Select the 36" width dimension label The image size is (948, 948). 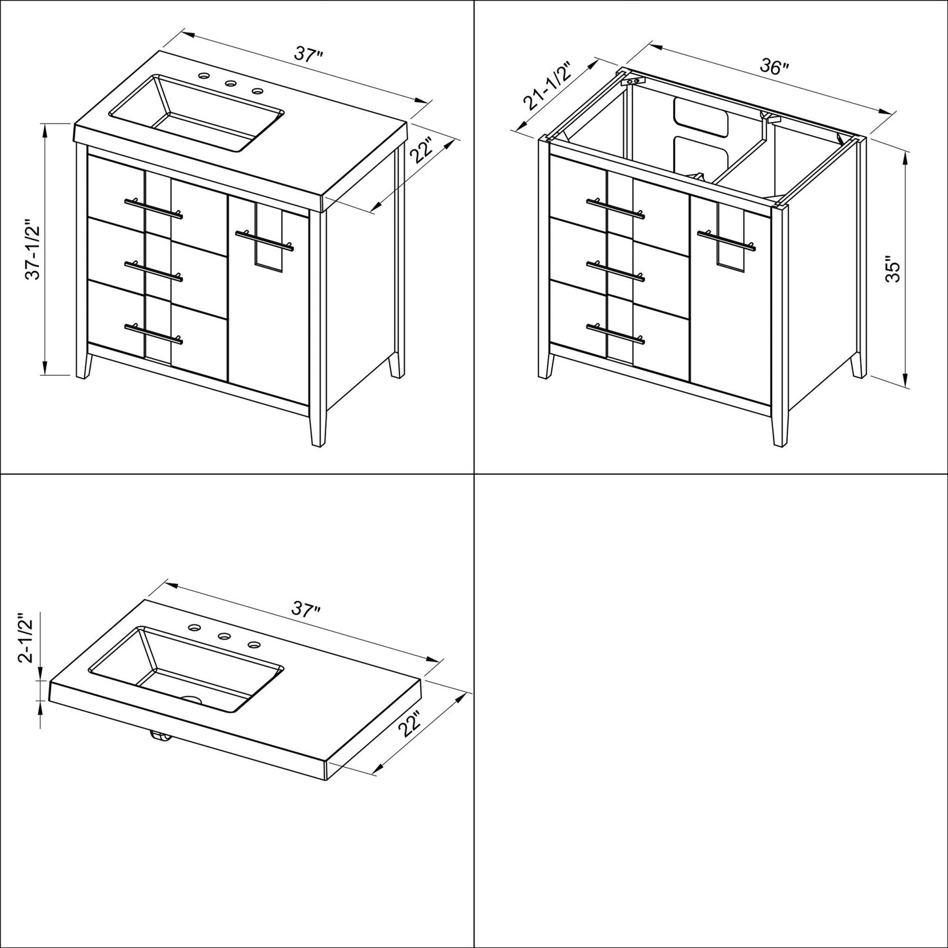coord(774,66)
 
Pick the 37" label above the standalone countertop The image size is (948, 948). coord(306,609)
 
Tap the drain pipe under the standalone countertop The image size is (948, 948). coord(160,738)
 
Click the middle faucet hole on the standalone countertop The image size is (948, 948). coord(224,635)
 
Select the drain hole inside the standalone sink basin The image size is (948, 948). coord(192,700)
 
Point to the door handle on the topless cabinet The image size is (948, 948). coord(728,240)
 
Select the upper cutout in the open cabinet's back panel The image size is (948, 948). coord(701,117)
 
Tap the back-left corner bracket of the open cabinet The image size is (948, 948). coord(632,81)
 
